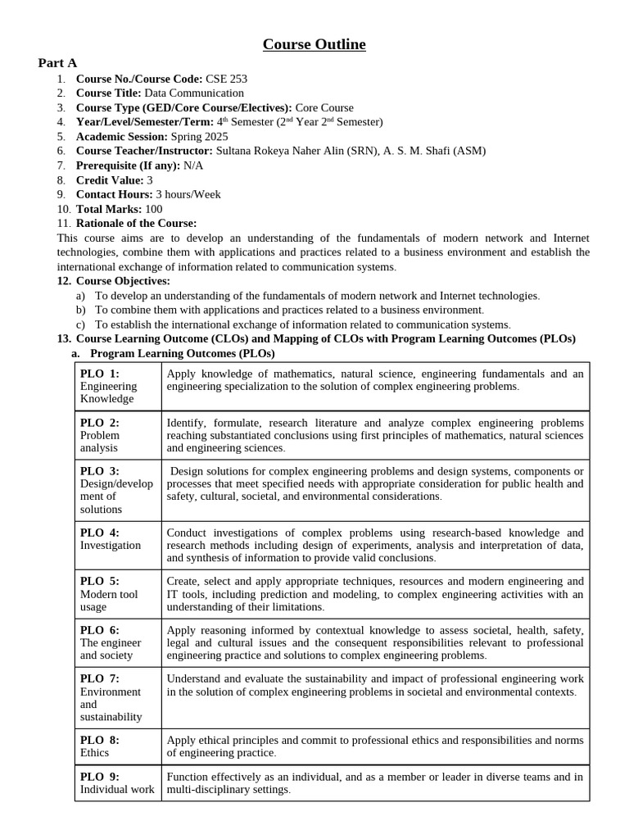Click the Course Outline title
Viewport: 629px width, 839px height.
[314, 44]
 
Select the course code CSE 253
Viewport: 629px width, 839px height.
[226, 79]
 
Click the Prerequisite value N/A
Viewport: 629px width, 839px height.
[193, 166]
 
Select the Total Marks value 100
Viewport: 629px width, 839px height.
[152, 209]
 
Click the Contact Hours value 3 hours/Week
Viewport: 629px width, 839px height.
[188, 194]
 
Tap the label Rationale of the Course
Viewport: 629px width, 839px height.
[136, 223]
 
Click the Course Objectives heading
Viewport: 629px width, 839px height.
[123, 281]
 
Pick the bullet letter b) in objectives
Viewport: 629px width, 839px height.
[80, 310]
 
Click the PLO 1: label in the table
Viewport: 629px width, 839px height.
[100, 374]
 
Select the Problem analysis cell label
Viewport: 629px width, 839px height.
[100, 442]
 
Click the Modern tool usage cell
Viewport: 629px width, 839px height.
[109, 601]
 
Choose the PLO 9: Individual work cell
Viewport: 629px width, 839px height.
[117, 783]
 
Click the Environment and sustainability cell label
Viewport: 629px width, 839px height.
[111, 704]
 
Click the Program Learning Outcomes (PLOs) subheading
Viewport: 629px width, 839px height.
[182, 353]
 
